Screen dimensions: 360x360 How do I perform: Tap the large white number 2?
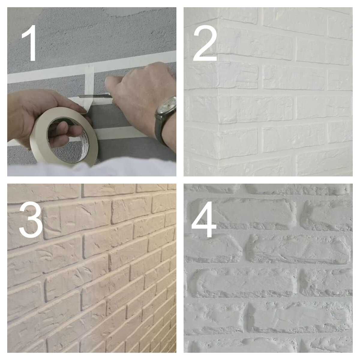[205, 43]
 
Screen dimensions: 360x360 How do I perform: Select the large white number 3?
[31, 220]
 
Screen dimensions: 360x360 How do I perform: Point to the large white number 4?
[204, 219]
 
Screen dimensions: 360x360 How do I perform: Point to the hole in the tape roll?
[67, 139]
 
